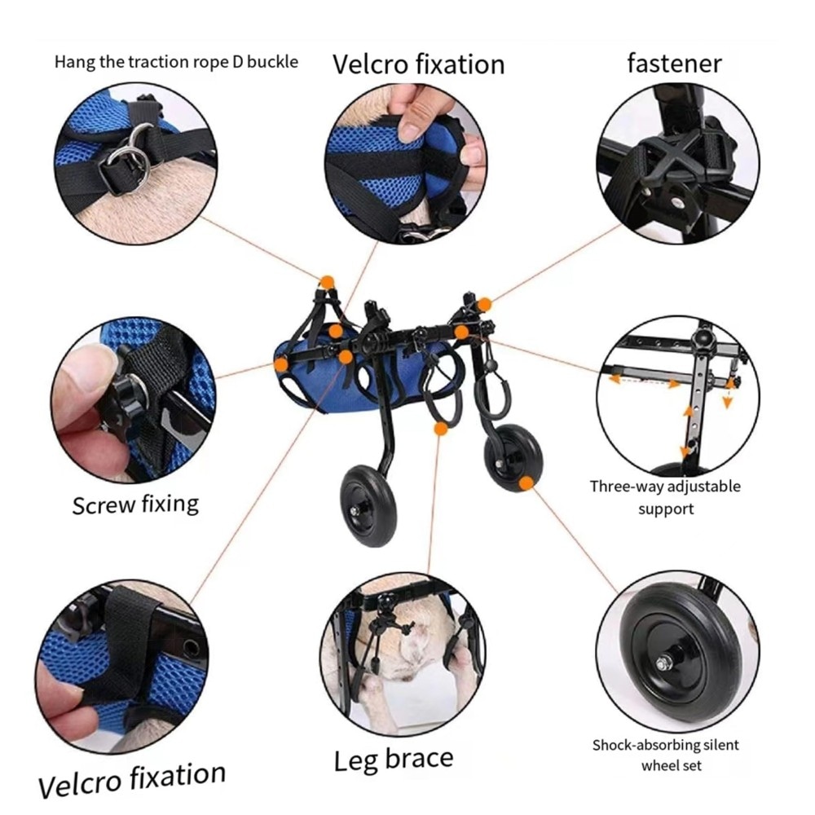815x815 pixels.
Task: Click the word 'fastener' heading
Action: [x=674, y=64]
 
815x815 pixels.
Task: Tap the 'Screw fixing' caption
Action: [x=135, y=504]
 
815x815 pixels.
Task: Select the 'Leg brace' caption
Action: [x=394, y=760]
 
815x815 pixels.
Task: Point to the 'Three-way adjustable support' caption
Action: [x=665, y=497]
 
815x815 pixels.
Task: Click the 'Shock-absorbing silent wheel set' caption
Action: [x=666, y=756]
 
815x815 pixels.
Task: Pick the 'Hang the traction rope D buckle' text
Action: [x=176, y=62]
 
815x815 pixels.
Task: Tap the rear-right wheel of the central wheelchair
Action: [x=513, y=457]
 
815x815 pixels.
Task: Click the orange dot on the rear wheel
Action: [x=526, y=483]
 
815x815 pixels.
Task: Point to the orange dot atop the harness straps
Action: [x=327, y=283]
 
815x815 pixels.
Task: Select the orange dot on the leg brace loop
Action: [x=441, y=429]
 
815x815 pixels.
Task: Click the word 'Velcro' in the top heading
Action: [x=370, y=64]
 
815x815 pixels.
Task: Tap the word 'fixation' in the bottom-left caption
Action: [x=178, y=776]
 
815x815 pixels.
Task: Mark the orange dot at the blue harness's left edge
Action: [x=281, y=364]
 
